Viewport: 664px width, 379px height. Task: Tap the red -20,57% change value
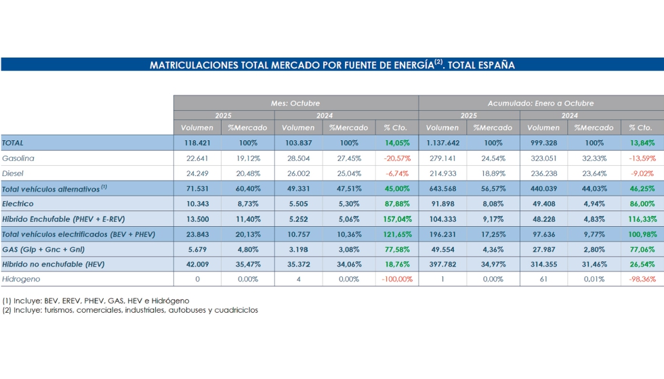396,158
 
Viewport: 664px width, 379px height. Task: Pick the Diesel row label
15,173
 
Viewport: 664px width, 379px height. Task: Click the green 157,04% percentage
396,219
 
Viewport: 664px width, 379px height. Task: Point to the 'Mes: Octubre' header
295,103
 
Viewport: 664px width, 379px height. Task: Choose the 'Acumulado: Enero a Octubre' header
541,103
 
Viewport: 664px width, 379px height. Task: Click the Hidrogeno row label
21,279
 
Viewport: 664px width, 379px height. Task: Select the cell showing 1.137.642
442,143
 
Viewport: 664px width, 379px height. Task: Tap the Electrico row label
18,203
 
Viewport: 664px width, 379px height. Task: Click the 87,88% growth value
397,203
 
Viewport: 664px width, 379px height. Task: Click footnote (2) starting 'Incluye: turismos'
129,310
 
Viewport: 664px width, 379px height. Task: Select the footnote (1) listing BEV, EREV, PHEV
96,300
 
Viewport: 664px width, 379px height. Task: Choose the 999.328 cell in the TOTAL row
543,143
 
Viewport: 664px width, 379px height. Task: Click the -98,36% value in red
640,279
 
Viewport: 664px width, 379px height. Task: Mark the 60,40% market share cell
247,188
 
